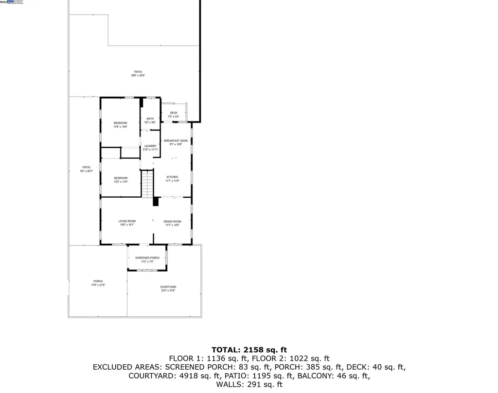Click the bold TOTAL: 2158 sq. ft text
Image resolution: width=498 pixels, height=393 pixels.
tap(249, 350)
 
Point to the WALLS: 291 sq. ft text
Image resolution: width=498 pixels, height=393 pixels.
tap(249, 385)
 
